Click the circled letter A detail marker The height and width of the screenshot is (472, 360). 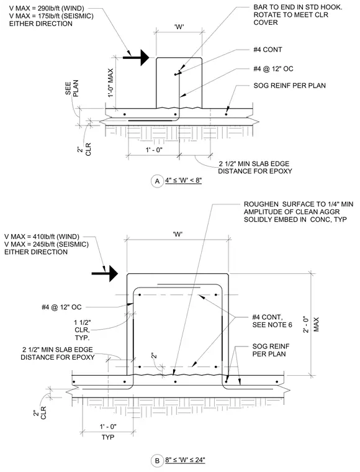(x=157, y=181)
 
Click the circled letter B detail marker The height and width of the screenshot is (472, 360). (x=157, y=461)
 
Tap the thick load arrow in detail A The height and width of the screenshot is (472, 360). (x=136, y=57)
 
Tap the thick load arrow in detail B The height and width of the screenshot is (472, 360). (x=105, y=274)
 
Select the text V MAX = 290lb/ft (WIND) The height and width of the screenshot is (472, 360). (x=47, y=9)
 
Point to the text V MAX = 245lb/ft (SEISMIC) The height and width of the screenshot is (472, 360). (x=47, y=244)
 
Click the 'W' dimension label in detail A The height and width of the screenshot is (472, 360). (x=179, y=27)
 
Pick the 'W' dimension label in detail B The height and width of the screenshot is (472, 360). (x=178, y=234)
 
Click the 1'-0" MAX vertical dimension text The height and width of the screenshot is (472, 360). (x=110, y=83)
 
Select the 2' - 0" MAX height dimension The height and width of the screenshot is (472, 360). (x=310, y=324)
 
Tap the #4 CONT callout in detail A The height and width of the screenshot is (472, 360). (x=268, y=50)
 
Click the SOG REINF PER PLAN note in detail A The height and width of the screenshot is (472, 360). (x=290, y=86)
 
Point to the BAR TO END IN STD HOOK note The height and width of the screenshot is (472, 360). (x=298, y=15)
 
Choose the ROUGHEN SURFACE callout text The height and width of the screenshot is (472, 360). (x=299, y=212)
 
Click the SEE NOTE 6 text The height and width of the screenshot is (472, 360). (x=272, y=325)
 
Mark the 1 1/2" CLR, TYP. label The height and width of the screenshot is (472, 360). (x=83, y=330)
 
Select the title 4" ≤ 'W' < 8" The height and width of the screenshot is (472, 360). (x=183, y=181)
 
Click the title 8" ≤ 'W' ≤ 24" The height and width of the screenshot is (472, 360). (x=185, y=460)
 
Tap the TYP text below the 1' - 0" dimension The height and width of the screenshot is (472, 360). (x=107, y=437)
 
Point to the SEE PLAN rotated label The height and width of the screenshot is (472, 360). (x=71, y=88)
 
